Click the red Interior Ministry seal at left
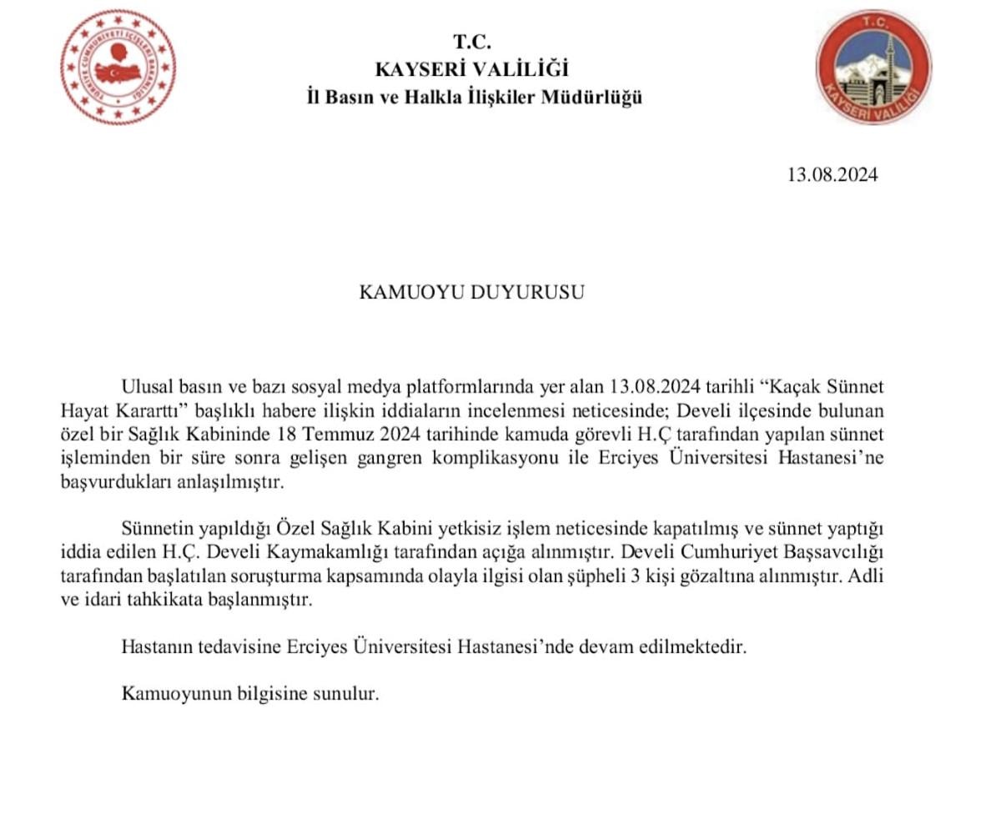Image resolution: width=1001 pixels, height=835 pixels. pos(118,67)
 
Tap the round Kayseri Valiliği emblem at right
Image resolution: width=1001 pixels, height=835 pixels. pos(873,68)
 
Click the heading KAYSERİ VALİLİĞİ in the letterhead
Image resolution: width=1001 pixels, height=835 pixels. pos(472,69)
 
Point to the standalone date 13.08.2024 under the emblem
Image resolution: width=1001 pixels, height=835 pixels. pos(832,175)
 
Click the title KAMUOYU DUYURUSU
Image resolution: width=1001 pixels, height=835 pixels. pos(471,293)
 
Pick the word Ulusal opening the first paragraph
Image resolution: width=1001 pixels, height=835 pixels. pos(148,387)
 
